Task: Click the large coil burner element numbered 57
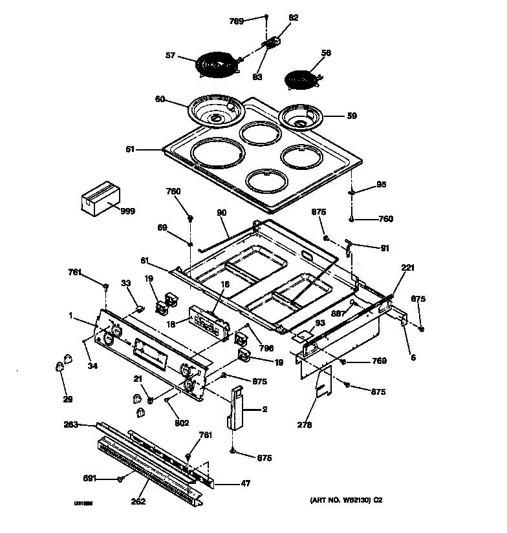[216, 65]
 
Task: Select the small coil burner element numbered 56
[303, 79]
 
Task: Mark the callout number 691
[90, 478]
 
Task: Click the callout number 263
[70, 424]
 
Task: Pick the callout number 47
[246, 483]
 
